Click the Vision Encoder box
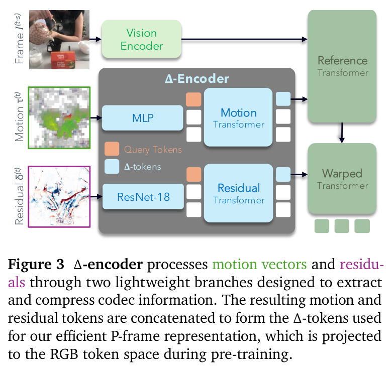(x=142, y=39)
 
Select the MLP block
(x=143, y=118)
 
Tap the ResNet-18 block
(x=143, y=197)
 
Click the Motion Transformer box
(x=238, y=117)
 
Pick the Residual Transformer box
(x=239, y=193)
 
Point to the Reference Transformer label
(x=343, y=66)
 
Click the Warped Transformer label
(x=342, y=179)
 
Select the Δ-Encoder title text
(x=197, y=79)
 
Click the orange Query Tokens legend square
(x=112, y=149)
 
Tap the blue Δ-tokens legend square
(x=112, y=166)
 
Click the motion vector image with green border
(x=59, y=118)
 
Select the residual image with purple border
(x=59, y=197)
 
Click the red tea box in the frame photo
(x=63, y=60)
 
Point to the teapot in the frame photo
(x=41, y=32)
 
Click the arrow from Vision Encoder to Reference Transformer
(x=244, y=39)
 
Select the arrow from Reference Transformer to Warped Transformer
(x=342, y=133)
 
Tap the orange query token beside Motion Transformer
(x=193, y=99)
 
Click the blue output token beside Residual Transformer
(x=283, y=174)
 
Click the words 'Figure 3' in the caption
(x=36, y=264)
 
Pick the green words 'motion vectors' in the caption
(x=259, y=264)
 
